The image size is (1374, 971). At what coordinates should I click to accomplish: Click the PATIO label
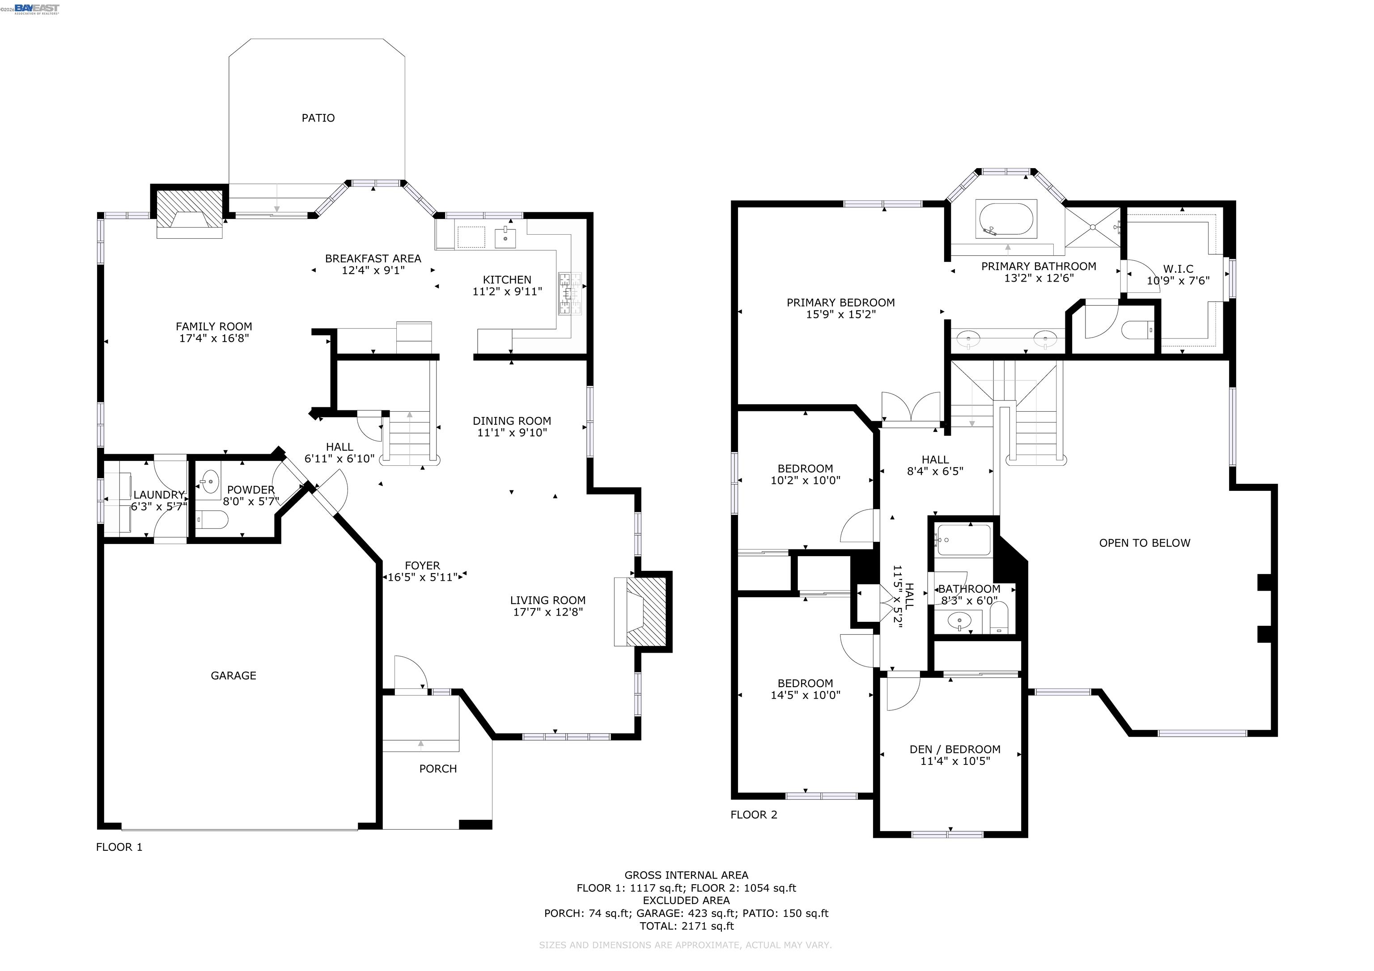point(318,118)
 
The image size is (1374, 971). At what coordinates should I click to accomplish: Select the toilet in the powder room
point(212,520)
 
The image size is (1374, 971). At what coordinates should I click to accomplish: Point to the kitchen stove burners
point(570,293)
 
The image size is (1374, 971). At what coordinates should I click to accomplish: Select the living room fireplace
point(643,612)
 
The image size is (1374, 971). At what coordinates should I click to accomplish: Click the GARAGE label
point(233,675)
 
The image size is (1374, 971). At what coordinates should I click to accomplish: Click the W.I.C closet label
point(1178,269)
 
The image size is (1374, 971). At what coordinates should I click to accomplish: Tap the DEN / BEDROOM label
point(955,749)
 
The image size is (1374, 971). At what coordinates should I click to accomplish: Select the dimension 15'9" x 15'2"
point(841,314)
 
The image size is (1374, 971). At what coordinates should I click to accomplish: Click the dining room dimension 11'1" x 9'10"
point(512,433)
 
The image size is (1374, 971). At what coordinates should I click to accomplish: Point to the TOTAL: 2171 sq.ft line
point(687,926)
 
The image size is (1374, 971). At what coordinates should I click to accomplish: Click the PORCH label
point(438,769)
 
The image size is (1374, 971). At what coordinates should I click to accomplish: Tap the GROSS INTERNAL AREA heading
point(687,875)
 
